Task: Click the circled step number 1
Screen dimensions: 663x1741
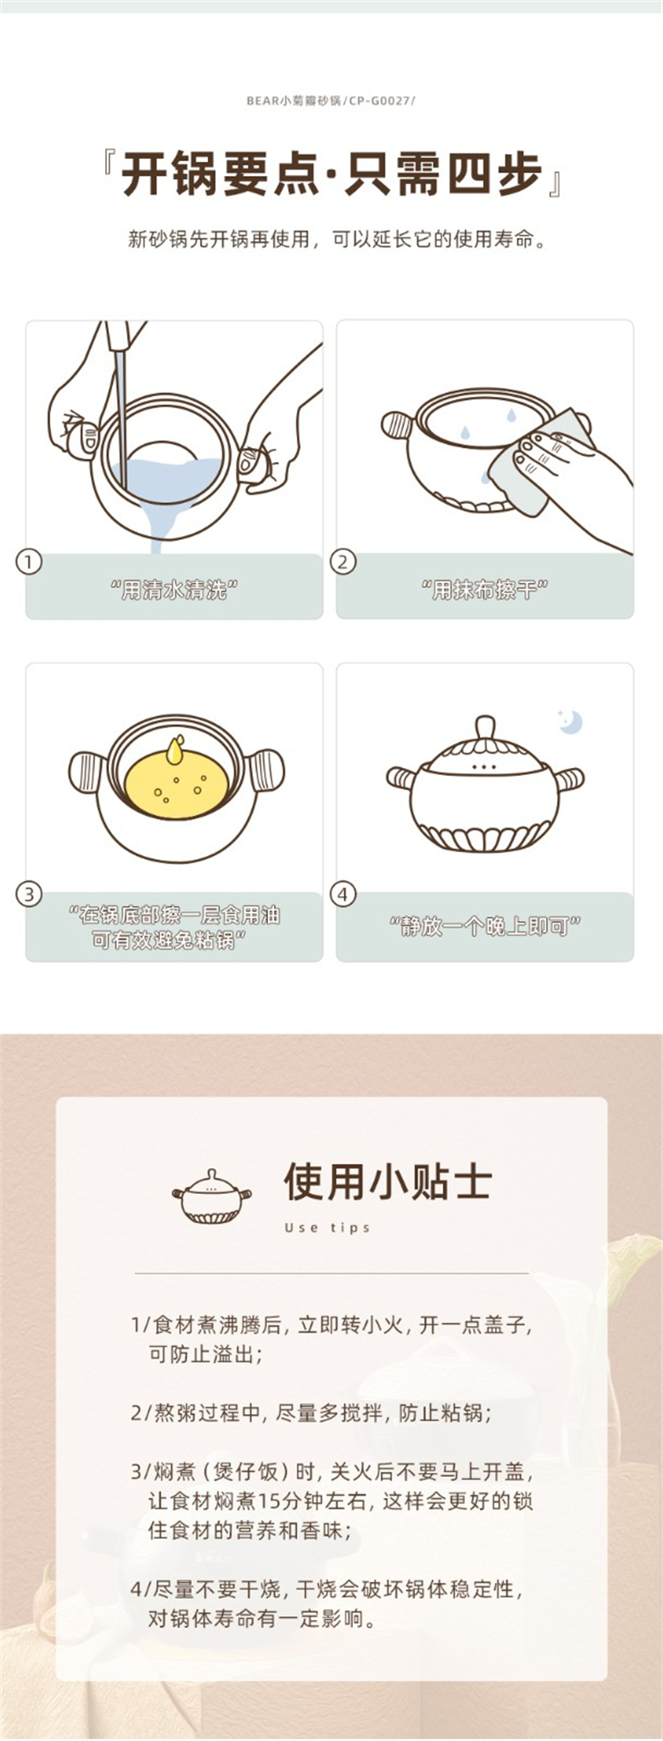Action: pos(28,561)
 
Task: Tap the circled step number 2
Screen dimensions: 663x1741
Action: pos(342,561)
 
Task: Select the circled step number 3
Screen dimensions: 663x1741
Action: pos(28,893)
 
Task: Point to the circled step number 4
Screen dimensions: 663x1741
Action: pos(342,893)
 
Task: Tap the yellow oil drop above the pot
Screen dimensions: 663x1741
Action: pos(177,749)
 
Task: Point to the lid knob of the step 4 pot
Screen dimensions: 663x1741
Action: pos(484,728)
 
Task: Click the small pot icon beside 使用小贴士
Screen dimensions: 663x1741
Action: pos(211,1196)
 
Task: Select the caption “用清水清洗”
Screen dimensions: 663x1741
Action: pos(174,589)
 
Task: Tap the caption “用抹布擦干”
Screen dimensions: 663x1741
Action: pos(484,589)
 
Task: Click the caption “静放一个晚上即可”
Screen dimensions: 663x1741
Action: pos(484,925)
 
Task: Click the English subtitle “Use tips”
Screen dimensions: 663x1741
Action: pos(327,1228)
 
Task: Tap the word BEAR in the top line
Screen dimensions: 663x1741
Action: pos(263,101)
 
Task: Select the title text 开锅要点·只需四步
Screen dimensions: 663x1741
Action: pos(331,173)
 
